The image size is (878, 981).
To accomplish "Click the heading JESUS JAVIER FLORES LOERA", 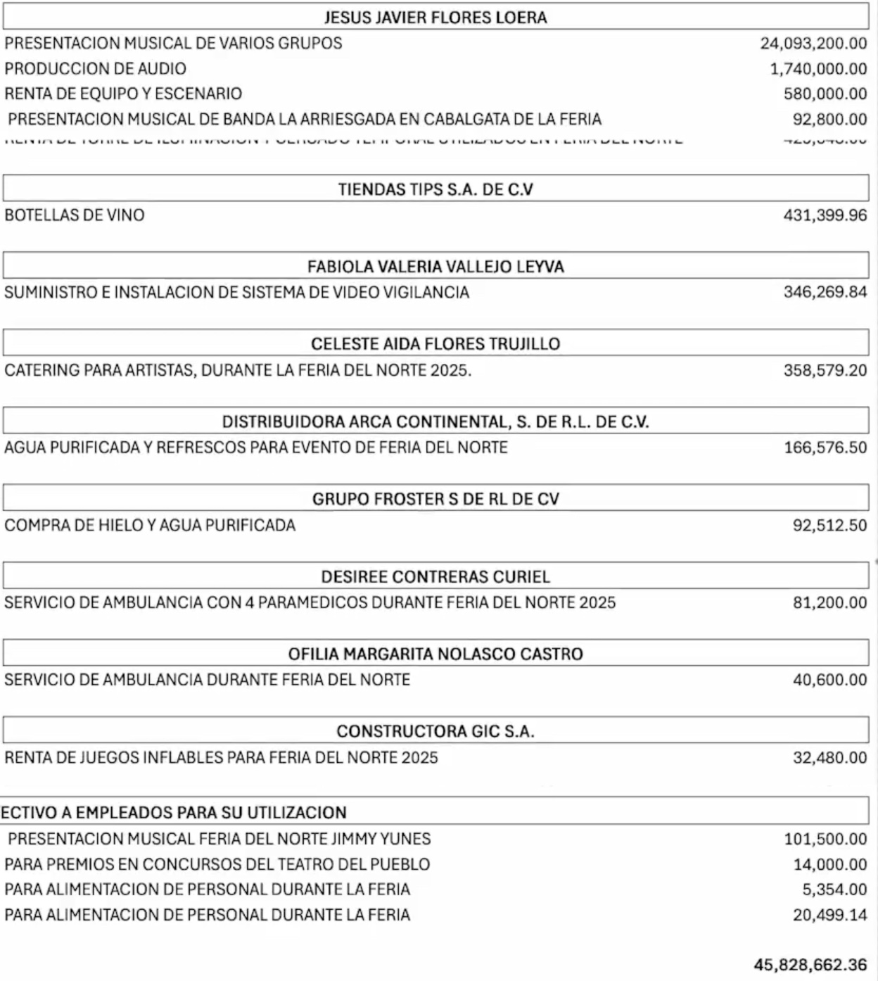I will (435, 18).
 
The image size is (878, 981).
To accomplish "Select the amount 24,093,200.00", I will (813, 44).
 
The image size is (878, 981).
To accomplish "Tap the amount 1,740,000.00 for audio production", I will (818, 69).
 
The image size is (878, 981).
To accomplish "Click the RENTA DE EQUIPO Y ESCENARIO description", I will (123, 94).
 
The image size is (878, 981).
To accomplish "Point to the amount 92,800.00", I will (829, 120).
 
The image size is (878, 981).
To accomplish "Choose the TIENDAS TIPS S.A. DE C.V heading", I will (435, 189).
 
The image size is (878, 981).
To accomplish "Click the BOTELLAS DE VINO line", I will (75, 215).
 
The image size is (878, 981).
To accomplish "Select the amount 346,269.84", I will (825, 292).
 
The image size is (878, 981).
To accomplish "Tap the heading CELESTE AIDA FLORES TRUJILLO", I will (435, 344).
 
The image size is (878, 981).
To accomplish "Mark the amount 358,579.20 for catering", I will (825, 370).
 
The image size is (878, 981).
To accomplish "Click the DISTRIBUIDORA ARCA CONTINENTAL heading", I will (435, 422).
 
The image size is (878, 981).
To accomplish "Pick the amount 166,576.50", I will (825, 448).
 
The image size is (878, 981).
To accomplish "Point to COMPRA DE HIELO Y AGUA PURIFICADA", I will (150, 525).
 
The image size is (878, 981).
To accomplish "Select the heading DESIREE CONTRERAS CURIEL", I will (435, 577).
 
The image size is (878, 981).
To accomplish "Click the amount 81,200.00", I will (829, 602).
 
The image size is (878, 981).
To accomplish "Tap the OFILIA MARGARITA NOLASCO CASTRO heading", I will (435, 654).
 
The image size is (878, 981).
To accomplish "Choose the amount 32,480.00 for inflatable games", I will (829, 758).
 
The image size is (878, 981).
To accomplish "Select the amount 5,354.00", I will (834, 890).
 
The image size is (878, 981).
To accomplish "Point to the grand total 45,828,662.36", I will (810, 965).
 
